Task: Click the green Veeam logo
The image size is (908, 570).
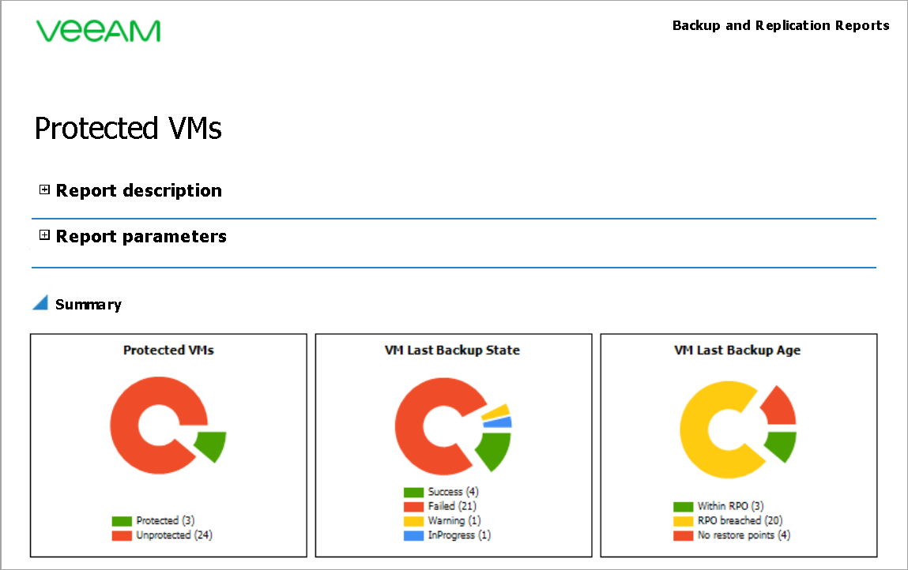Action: point(98,31)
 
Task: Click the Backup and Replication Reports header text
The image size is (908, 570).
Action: point(780,25)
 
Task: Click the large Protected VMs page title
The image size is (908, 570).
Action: point(128,129)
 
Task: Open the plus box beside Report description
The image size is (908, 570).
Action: point(44,189)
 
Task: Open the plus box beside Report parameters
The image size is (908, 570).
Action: point(44,235)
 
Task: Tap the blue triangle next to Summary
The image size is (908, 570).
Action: point(40,303)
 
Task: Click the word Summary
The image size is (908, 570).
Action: point(89,305)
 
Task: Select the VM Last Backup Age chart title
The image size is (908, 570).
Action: point(737,350)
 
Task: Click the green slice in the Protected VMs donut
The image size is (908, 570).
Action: point(210,445)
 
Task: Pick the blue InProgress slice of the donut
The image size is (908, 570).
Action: point(499,422)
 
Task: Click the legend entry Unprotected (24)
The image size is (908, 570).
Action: point(174,535)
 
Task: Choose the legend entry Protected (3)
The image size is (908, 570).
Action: point(164,521)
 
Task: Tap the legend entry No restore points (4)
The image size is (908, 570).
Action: point(743,535)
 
